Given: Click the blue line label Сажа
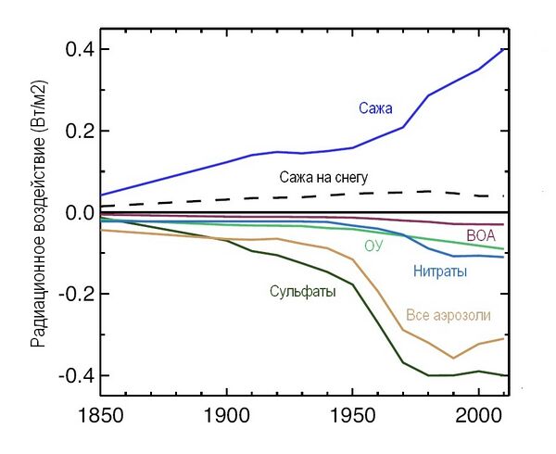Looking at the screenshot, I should pyautogui.click(x=375, y=109).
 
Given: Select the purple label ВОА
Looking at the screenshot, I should pyautogui.click(x=481, y=235).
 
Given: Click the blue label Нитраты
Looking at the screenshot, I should pyautogui.click(x=438, y=272).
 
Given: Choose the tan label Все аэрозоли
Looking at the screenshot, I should pyautogui.click(x=449, y=316).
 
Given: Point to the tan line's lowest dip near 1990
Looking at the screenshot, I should pyautogui.click(x=453, y=358).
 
